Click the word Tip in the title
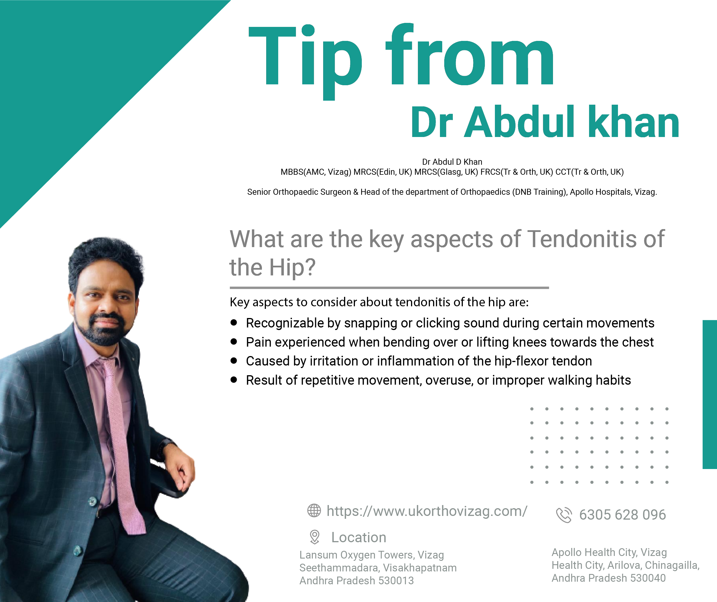(305, 61)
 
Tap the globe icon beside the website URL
(314, 510)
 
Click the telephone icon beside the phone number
(564, 515)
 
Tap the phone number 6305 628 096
(622, 515)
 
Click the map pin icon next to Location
(315, 537)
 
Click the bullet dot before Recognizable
(234, 323)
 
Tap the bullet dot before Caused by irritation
(234, 360)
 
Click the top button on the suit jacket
(92, 501)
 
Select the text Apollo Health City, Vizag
(609, 552)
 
